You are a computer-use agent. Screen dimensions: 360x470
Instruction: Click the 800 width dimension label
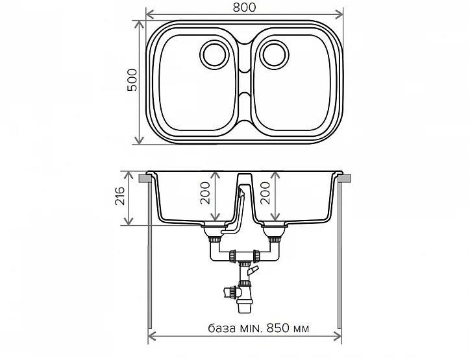(243, 6)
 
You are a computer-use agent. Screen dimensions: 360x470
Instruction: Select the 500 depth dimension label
(132, 79)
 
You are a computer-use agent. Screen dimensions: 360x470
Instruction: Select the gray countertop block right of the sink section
(344, 177)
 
